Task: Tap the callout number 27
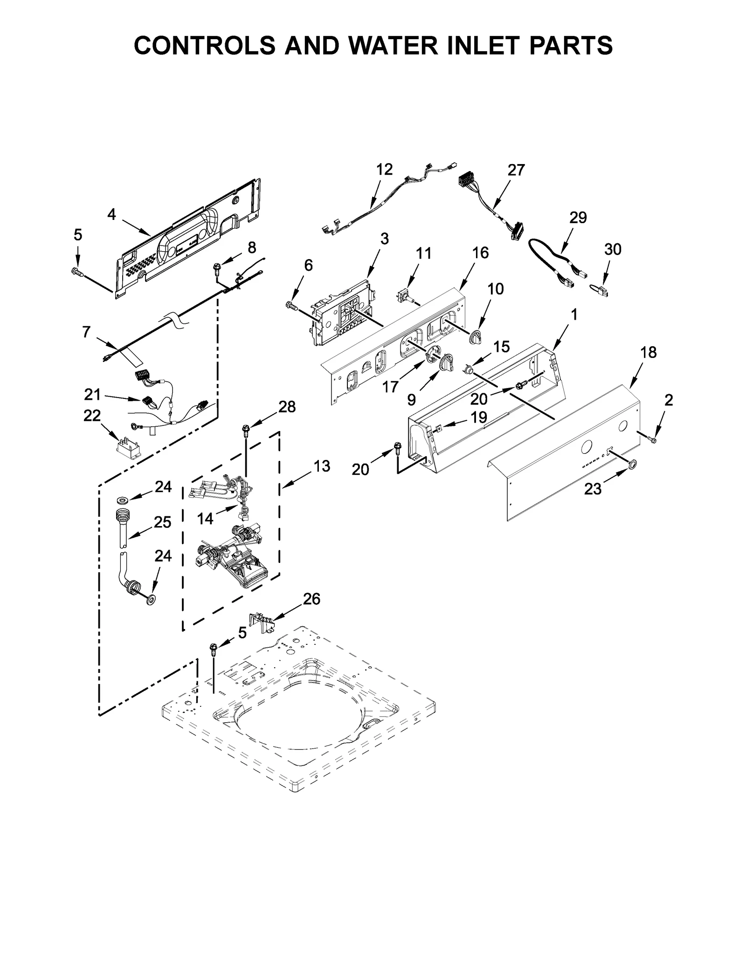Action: pos(516,171)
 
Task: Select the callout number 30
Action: pos(613,250)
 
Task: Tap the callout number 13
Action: pos(322,465)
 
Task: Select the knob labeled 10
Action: pos(475,336)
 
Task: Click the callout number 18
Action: pos(648,353)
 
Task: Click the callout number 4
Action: pos(111,214)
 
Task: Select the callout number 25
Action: pos(162,522)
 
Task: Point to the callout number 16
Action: pos(480,253)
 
